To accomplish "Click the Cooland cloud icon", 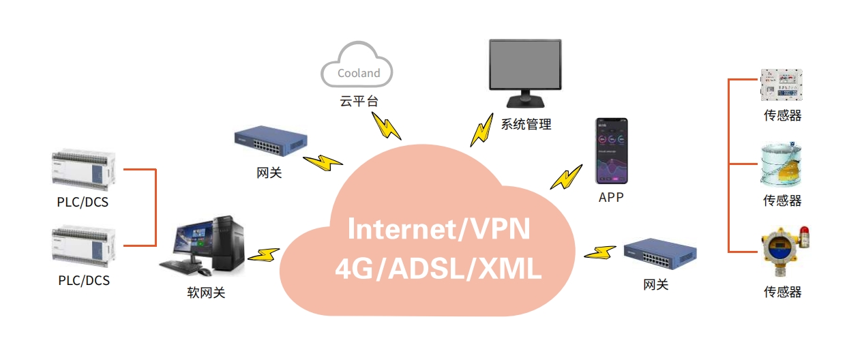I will pos(357,65).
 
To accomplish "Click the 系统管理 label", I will pos(526,125).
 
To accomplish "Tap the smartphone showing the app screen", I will pos(611,151).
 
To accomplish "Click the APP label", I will pos(611,198).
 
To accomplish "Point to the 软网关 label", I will pos(206,293).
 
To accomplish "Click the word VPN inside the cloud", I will pos(496,229).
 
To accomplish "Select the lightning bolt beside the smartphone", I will pos(567,177).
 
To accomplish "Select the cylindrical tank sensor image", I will pos(782,165).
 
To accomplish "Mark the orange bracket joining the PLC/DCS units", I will pos(155,207).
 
